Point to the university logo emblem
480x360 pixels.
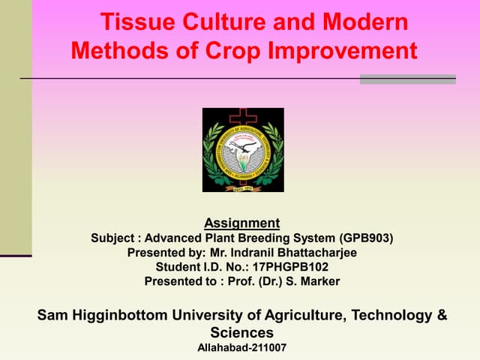(x=243, y=150)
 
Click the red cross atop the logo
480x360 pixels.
(x=243, y=115)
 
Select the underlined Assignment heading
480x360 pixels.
(x=241, y=223)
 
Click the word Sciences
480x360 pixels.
(x=241, y=332)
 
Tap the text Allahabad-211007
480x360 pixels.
(x=241, y=348)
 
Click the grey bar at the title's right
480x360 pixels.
(x=407, y=79)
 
